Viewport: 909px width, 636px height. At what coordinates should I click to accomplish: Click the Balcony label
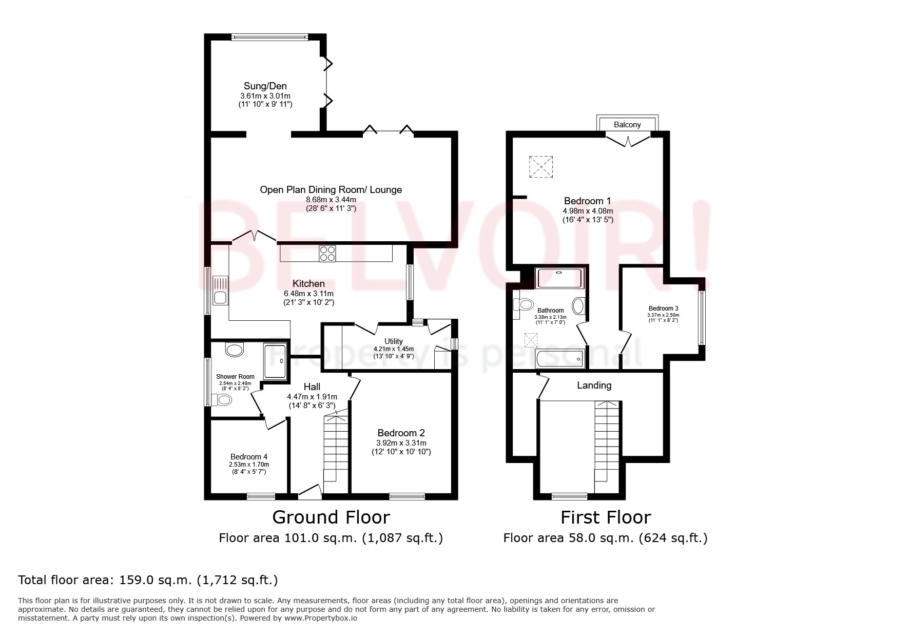pyautogui.click(x=627, y=125)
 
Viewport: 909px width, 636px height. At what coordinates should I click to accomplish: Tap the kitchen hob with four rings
pyautogui.click(x=327, y=254)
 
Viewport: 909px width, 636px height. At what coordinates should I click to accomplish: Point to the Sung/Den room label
pyautogui.click(x=265, y=86)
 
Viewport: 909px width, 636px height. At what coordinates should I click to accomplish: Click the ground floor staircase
pyautogui.click(x=336, y=449)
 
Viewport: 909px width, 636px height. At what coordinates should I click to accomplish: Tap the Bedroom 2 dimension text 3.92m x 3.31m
pyautogui.click(x=401, y=443)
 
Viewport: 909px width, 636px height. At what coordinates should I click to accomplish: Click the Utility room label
pyautogui.click(x=394, y=341)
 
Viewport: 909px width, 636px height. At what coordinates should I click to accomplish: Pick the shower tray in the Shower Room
pyautogui.click(x=275, y=361)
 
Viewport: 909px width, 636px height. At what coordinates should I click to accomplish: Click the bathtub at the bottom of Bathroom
pyautogui.click(x=559, y=358)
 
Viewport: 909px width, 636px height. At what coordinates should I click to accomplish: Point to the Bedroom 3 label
pyautogui.click(x=663, y=309)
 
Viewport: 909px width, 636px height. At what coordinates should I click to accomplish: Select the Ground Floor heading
pyautogui.click(x=331, y=517)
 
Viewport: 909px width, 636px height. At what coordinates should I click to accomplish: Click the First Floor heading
pyautogui.click(x=605, y=517)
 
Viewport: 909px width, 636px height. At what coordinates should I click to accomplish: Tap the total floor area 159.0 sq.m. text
pyautogui.click(x=148, y=580)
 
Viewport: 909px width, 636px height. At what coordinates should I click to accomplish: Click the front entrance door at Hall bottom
pyautogui.click(x=310, y=493)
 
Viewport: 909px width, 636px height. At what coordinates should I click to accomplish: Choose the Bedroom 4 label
pyautogui.click(x=248, y=456)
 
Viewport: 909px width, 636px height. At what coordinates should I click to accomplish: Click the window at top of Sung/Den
pyautogui.click(x=269, y=36)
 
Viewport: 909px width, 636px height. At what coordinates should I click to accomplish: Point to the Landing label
pyautogui.click(x=594, y=385)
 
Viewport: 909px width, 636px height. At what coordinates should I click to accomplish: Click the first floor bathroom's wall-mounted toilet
pyautogui.click(x=524, y=304)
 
